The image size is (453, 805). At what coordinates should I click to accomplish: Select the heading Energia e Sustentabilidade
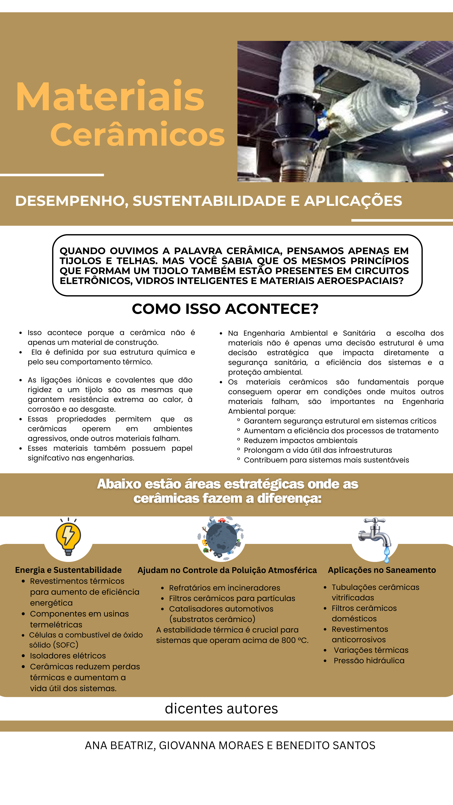pos(68,570)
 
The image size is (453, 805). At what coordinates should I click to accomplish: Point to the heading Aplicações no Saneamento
pos(382,570)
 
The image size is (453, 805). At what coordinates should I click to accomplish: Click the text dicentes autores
pos(221,708)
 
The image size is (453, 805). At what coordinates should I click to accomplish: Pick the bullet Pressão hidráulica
pos(369,660)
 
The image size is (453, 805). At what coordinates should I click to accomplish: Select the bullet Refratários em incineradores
pos(224,588)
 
